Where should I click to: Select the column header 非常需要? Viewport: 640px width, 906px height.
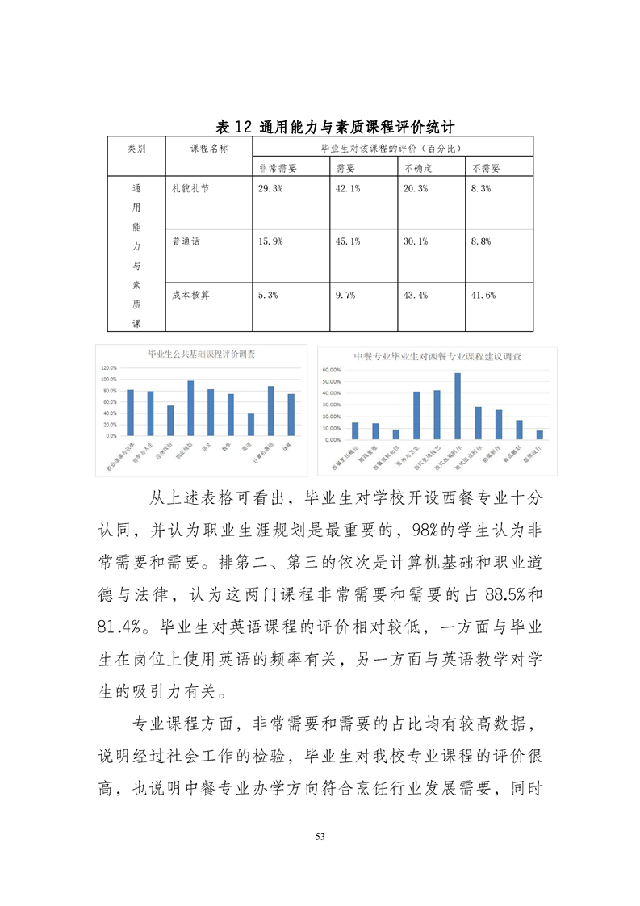pyautogui.click(x=278, y=167)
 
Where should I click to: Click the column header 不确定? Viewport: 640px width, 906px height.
pyautogui.click(x=419, y=167)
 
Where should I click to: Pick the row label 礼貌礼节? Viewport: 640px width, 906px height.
pyautogui.click(x=190, y=187)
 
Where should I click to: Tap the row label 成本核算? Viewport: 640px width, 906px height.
pyautogui.click(x=190, y=296)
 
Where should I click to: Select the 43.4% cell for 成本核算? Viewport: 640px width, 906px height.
pyautogui.click(x=415, y=296)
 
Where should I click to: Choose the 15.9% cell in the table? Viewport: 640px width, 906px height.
pyautogui.click(x=270, y=241)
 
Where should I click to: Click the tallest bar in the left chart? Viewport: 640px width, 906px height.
pyautogui.click(x=190, y=409)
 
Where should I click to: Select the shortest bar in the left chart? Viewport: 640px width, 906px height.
pyautogui.click(x=251, y=425)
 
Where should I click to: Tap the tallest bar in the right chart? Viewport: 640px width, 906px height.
pyautogui.click(x=458, y=406)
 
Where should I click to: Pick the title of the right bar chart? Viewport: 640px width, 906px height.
pyautogui.click(x=437, y=356)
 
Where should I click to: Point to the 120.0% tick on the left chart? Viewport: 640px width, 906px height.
pyautogui.click(x=108, y=367)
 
